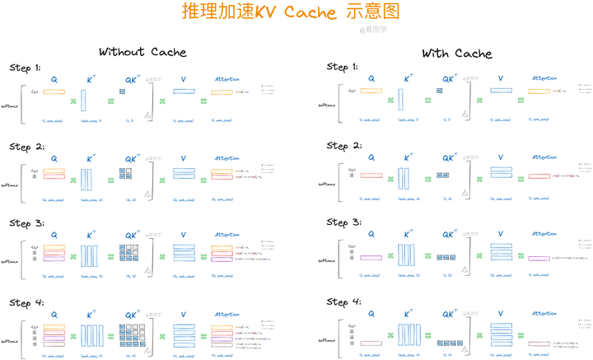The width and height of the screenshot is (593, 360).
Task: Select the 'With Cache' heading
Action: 456,54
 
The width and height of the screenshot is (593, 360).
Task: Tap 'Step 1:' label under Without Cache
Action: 26,68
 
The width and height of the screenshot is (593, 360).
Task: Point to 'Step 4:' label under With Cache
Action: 343,302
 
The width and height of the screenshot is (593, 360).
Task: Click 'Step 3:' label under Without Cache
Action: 26,223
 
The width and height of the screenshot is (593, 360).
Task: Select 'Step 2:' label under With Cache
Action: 343,146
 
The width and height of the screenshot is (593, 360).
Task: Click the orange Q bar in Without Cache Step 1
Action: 54,91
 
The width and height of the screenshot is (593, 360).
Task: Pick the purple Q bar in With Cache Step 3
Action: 371,258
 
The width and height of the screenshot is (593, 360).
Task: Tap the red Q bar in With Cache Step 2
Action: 371,175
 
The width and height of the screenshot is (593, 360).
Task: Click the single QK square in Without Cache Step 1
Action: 122,91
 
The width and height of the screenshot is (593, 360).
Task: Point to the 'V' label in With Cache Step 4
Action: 500,313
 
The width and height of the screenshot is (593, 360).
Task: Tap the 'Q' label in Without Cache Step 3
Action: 54,235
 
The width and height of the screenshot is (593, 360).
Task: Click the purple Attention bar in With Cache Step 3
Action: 539,259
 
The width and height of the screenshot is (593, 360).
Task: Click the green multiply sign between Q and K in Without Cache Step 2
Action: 72,180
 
